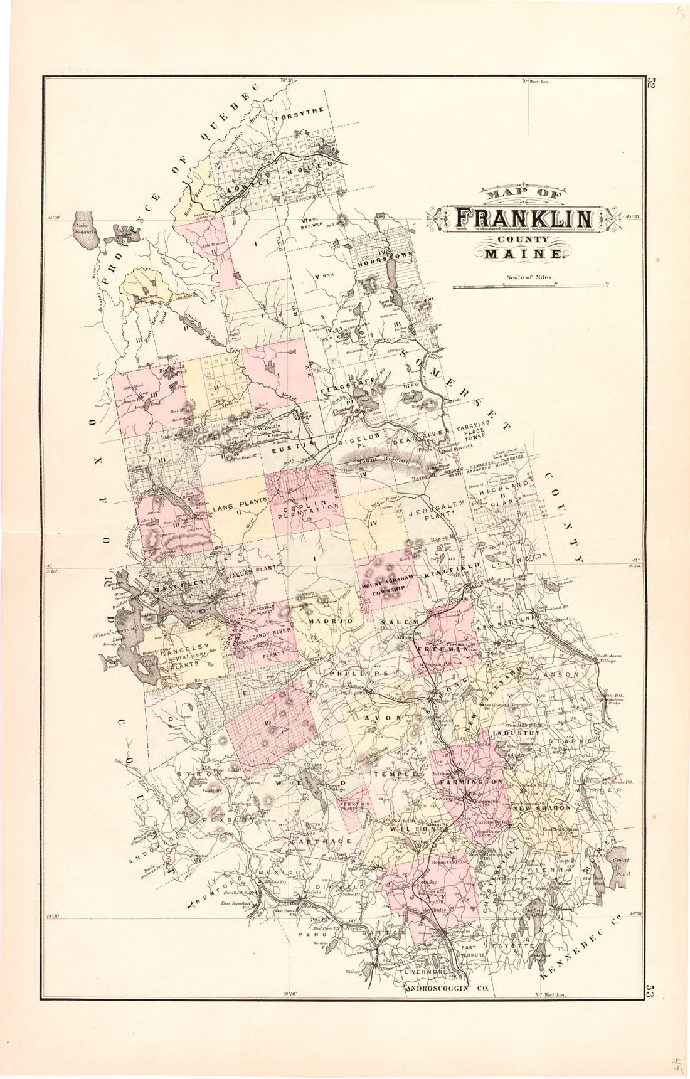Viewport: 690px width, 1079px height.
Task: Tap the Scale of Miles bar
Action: (531, 286)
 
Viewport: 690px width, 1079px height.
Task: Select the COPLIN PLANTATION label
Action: (304, 507)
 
